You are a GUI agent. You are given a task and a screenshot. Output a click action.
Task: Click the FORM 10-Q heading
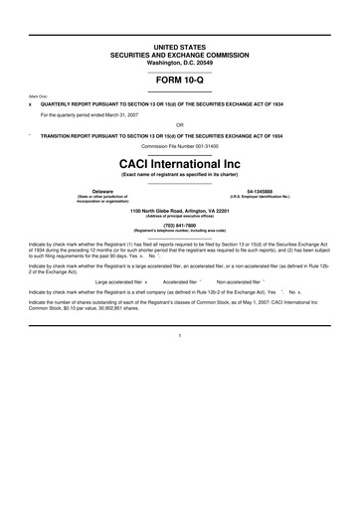click(x=179, y=83)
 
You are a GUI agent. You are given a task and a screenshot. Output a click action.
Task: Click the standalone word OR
click(x=179, y=125)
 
